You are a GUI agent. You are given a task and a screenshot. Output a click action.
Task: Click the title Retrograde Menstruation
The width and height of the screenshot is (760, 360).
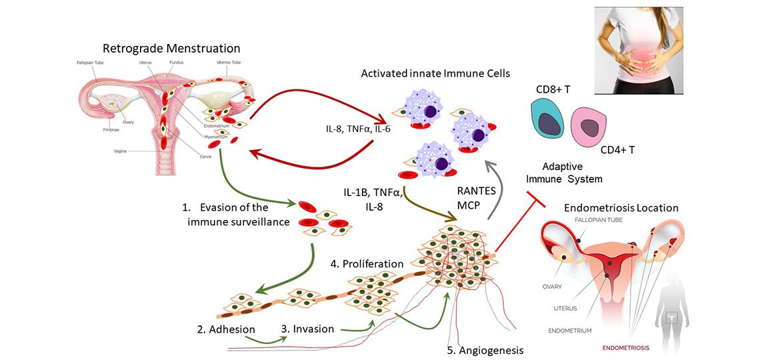point(171,48)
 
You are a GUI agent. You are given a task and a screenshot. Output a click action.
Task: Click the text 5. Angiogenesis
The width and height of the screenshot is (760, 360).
point(485,349)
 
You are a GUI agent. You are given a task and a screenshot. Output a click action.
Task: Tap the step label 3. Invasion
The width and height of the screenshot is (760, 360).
point(307,328)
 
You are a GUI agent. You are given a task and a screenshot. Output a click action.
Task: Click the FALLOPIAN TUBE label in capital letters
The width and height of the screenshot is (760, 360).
point(597,220)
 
